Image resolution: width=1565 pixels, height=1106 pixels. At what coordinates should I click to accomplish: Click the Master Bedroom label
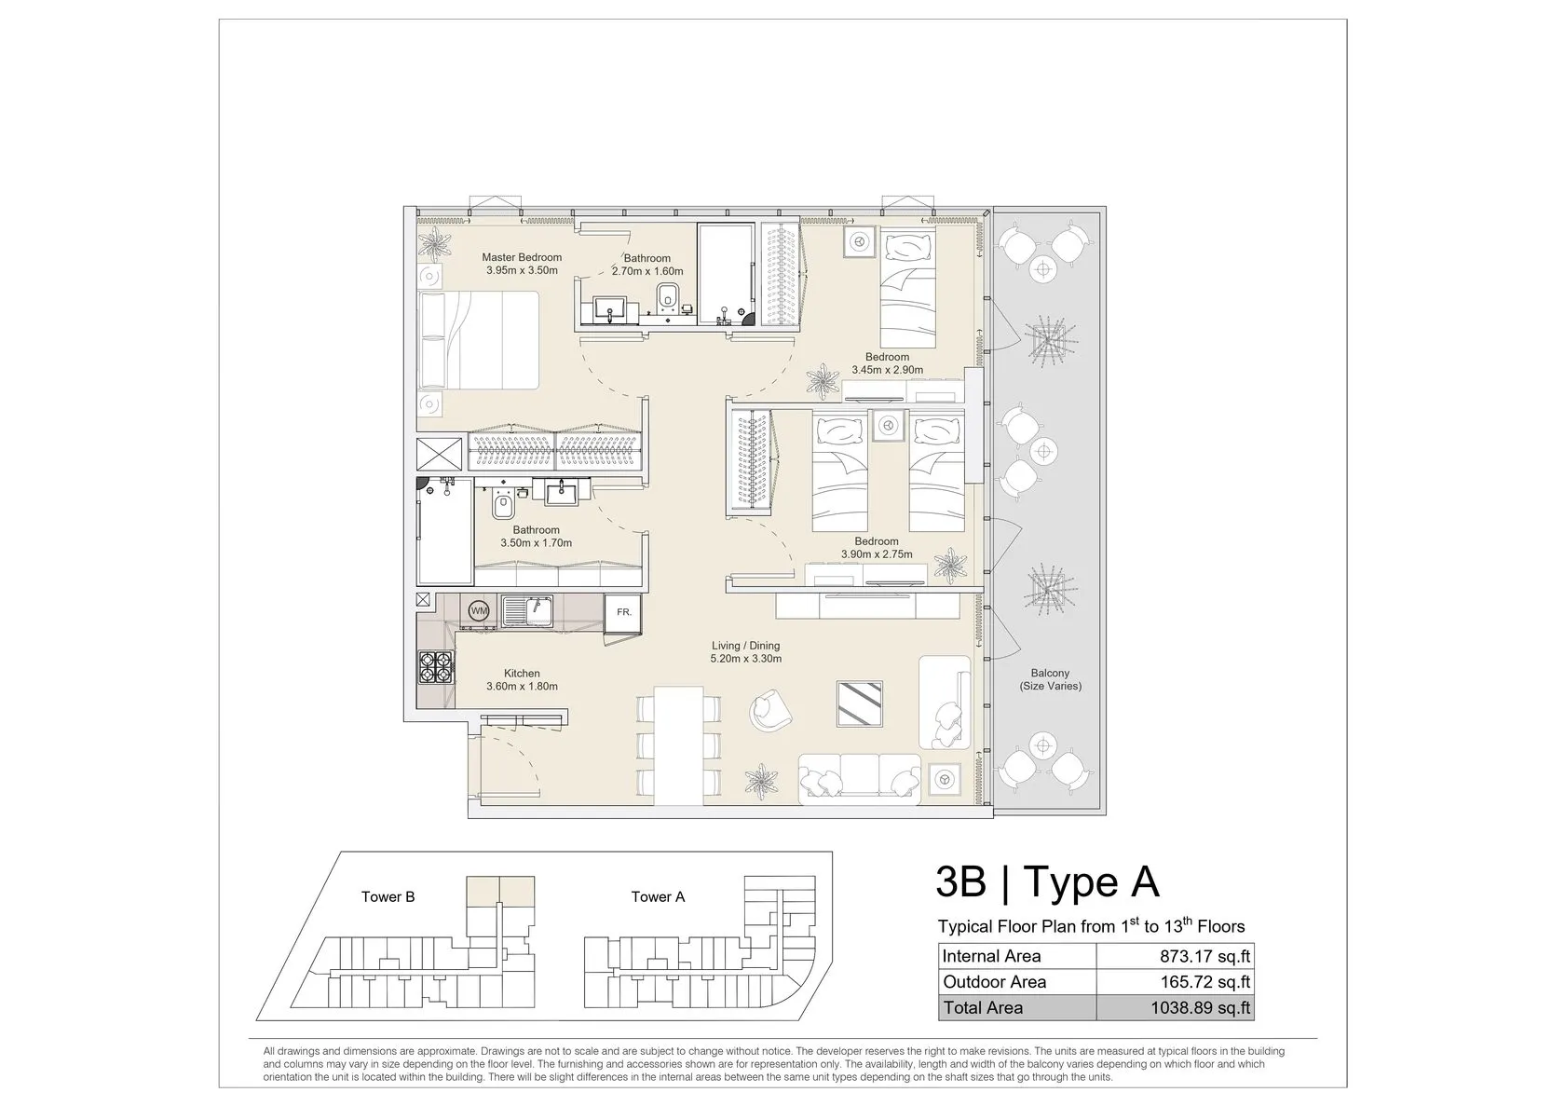522,257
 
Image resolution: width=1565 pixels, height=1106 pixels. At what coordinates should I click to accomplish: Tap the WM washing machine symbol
479,611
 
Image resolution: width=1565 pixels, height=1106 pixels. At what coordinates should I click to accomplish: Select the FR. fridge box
624,612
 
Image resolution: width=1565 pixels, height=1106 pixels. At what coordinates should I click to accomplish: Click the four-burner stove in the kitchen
436,667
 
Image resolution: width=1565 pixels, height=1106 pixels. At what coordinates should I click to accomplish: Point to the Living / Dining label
745,646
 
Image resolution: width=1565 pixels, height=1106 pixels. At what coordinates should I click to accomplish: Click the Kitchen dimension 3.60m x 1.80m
522,686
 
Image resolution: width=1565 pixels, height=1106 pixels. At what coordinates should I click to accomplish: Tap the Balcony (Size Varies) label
1050,679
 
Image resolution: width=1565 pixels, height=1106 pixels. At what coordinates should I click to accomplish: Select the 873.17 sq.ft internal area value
1205,956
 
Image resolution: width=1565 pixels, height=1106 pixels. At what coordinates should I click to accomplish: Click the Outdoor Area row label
994,982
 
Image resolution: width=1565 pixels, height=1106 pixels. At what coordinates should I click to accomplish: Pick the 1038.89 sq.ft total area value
1201,1007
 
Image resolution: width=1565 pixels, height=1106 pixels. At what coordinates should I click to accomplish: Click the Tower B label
388,896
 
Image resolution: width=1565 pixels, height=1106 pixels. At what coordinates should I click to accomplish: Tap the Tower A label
658,896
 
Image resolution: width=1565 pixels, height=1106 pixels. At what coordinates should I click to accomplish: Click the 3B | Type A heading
1047,881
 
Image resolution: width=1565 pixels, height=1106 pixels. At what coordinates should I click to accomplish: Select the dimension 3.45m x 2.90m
887,370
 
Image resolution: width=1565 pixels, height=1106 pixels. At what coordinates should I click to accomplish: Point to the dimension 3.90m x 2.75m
877,554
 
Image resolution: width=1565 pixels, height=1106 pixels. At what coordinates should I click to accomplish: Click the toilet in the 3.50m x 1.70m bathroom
502,504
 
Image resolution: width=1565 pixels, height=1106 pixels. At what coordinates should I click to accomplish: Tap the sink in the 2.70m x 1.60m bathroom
611,309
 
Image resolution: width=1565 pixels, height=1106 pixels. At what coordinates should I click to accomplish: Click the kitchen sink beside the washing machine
527,611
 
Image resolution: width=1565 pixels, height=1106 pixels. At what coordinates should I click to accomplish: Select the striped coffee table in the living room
859,703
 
